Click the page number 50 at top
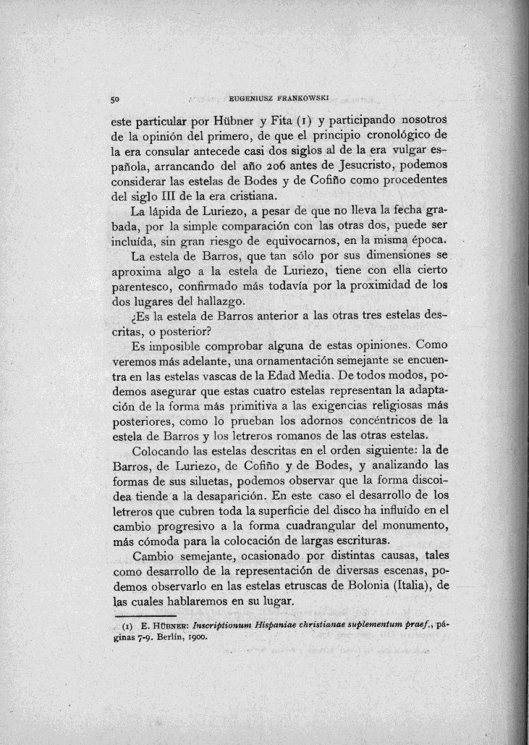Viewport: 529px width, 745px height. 114,98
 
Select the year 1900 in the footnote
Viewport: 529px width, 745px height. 198,638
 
